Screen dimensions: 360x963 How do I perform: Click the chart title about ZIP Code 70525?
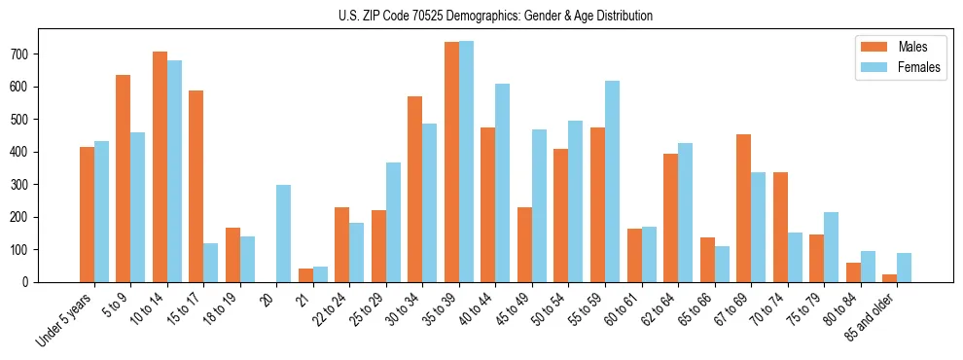click(x=482, y=16)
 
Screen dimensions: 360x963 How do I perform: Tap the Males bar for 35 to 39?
click(x=451, y=162)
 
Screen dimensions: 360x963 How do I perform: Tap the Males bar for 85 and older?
click(x=889, y=278)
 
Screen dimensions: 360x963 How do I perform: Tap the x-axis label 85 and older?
click(x=868, y=321)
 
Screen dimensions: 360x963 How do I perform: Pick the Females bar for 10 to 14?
click(x=174, y=171)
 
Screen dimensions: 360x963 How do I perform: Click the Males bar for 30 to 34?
click(x=415, y=189)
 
